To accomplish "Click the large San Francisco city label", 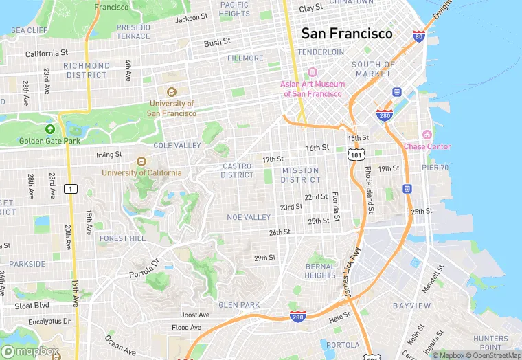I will [x=347, y=33].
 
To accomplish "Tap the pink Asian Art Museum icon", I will [x=312, y=72].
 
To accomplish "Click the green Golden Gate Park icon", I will [x=49, y=129].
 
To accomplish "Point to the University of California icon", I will [x=141, y=161].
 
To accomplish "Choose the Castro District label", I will [x=237, y=170].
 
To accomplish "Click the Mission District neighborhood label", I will [x=300, y=175].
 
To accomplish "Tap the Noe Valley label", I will [x=249, y=217].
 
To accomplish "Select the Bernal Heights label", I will [x=320, y=271].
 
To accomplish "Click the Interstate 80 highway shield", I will [x=419, y=36].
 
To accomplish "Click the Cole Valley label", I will [x=177, y=146].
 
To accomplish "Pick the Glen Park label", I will [x=238, y=304].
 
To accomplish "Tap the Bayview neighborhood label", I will [x=411, y=305].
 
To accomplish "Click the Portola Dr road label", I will [x=144, y=269].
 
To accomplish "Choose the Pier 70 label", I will [x=435, y=167].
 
